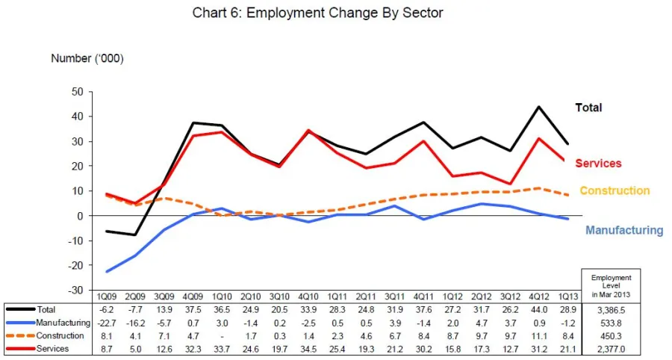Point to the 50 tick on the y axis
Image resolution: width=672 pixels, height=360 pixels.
click(x=77, y=92)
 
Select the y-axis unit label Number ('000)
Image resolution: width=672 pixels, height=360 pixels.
click(x=87, y=58)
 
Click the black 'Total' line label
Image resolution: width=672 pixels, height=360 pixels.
click(x=588, y=108)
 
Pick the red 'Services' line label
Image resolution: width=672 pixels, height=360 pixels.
click(x=598, y=164)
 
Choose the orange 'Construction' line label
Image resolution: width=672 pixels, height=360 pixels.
click(x=615, y=190)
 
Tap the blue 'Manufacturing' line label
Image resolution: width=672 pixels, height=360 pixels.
click(x=624, y=230)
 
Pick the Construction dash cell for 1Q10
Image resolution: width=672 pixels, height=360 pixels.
click(x=222, y=335)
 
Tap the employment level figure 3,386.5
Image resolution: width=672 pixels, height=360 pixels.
click(x=611, y=309)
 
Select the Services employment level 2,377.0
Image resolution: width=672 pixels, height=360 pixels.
click(x=611, y=349)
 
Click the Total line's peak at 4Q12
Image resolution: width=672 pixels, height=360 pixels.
click(x=538, y=107)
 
